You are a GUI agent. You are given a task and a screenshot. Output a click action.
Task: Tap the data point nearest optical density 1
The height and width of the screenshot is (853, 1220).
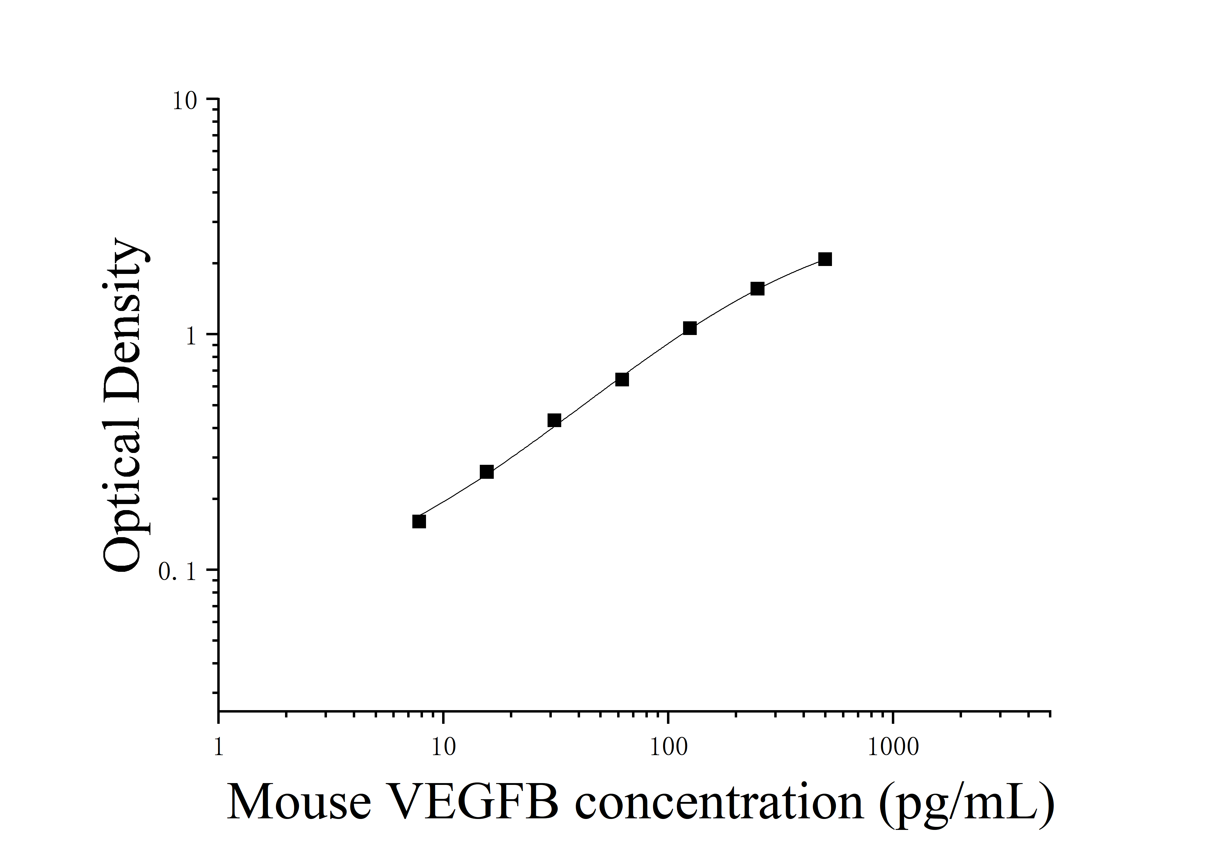(x=690, y=328)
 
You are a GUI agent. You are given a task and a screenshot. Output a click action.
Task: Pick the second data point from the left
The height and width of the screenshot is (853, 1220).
(x=487, y=472)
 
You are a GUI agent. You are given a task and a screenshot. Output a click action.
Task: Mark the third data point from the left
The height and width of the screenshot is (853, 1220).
(x=554, y=420)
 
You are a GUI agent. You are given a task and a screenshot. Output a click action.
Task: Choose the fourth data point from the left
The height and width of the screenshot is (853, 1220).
(x=622, y=379)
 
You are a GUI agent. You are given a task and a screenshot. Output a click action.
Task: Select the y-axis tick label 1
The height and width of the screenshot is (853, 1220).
(x=191, y=337)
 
